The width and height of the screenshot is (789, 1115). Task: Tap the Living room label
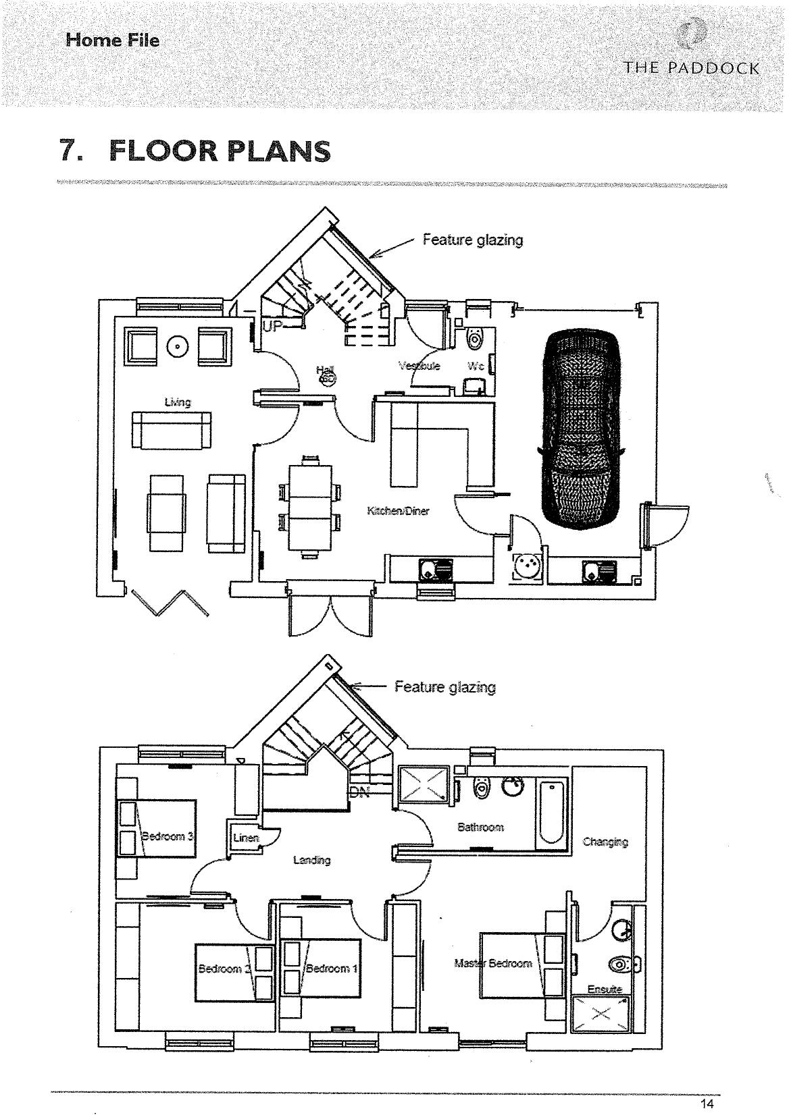coord(178,402)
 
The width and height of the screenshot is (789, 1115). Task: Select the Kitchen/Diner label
coord(398,511)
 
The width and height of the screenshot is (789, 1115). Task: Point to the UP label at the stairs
coord(272,327)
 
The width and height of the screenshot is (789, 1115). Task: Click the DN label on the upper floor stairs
coord(360,793)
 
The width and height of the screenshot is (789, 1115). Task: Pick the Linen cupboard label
coord(246,838)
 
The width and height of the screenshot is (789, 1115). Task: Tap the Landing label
coord(311,860)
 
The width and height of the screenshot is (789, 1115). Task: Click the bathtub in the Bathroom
coord(551,812)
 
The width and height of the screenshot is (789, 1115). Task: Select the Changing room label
coord(605,842)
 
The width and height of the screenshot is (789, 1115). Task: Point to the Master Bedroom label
coord(493,962)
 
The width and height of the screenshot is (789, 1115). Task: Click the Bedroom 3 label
coord(168,836)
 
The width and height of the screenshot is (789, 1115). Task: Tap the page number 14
coord(707,1104)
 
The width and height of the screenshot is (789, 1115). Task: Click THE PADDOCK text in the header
coord(692,68)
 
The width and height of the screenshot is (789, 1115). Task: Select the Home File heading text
coord(113,40)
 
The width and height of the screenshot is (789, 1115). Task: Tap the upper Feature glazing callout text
coord(472,240)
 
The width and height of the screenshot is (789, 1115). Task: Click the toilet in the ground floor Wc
coord(475,337)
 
